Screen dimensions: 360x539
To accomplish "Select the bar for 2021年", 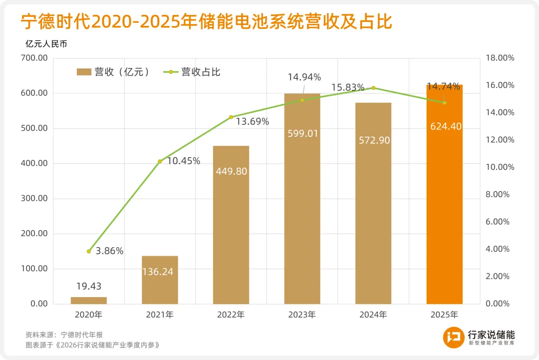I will coord(160,280).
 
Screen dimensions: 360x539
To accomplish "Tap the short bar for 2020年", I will coord(89,301).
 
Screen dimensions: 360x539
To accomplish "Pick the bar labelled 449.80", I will coord(231,225).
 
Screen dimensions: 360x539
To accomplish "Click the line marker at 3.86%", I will coord(89,251).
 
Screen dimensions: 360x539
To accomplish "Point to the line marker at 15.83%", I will coord(373,88).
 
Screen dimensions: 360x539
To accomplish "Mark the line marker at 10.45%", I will coord(160,161).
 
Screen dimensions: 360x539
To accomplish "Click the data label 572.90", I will coord(373,141).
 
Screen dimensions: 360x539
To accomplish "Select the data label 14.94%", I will coord(304,77).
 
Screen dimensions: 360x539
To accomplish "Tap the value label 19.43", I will coord(89,286).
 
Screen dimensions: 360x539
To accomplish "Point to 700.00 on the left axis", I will coord(35,58).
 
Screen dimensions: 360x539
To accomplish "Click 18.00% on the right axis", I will coord(500,58).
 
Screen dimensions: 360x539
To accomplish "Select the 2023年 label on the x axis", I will coord(302,315).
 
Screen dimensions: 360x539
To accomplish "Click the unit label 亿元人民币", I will coord(46,43).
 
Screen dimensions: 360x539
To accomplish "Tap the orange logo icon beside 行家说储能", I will coord(454,338).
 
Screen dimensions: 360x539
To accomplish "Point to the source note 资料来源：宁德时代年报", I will coord(64,335).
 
